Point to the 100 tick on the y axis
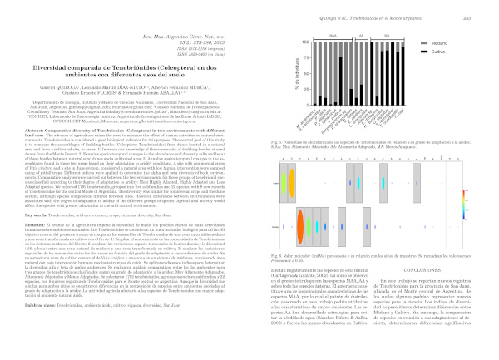point(288,41)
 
